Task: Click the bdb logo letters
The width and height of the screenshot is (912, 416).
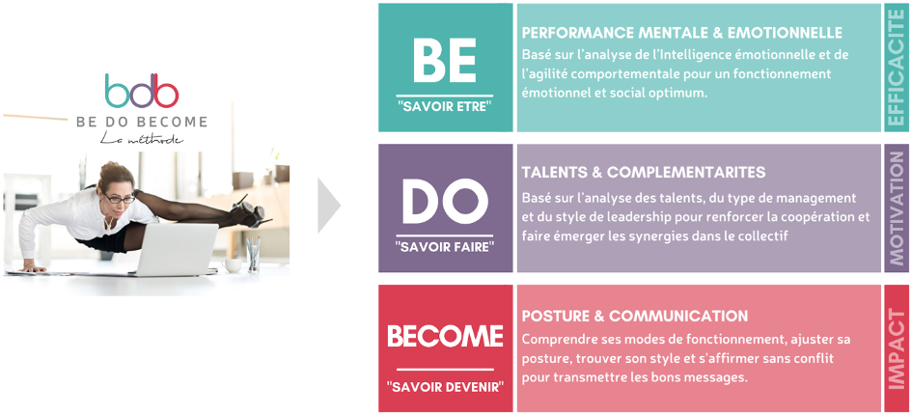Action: tap(141, 90)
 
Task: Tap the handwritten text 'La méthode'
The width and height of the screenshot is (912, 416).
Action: tap(141, 139)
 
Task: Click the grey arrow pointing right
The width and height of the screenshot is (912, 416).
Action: tap(329, 206)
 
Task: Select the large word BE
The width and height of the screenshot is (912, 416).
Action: tap(445, 61)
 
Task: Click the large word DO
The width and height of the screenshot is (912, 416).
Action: tap(446, 202)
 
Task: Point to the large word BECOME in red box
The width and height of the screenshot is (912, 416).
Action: tap(446, 336)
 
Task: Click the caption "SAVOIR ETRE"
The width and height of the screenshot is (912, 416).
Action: tap(445, 107)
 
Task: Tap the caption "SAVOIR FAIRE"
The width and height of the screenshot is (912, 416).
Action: tap(445, 247)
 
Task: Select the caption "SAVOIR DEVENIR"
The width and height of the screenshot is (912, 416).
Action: tap(445, 386)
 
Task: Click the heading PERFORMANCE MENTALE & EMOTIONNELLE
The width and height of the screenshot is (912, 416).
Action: tap(682, 32)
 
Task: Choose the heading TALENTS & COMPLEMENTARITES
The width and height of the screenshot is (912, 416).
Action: tap(644, 172)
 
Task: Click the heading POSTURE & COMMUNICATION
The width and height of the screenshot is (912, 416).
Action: tap(635, 316)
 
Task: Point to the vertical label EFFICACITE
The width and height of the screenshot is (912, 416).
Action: tap(897, 67)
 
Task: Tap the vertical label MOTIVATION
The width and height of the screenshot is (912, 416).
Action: tap(897, 208)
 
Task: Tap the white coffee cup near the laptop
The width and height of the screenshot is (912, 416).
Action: tap(232, 265)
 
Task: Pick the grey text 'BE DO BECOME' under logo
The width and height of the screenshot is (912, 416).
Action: tap(142, 122)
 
